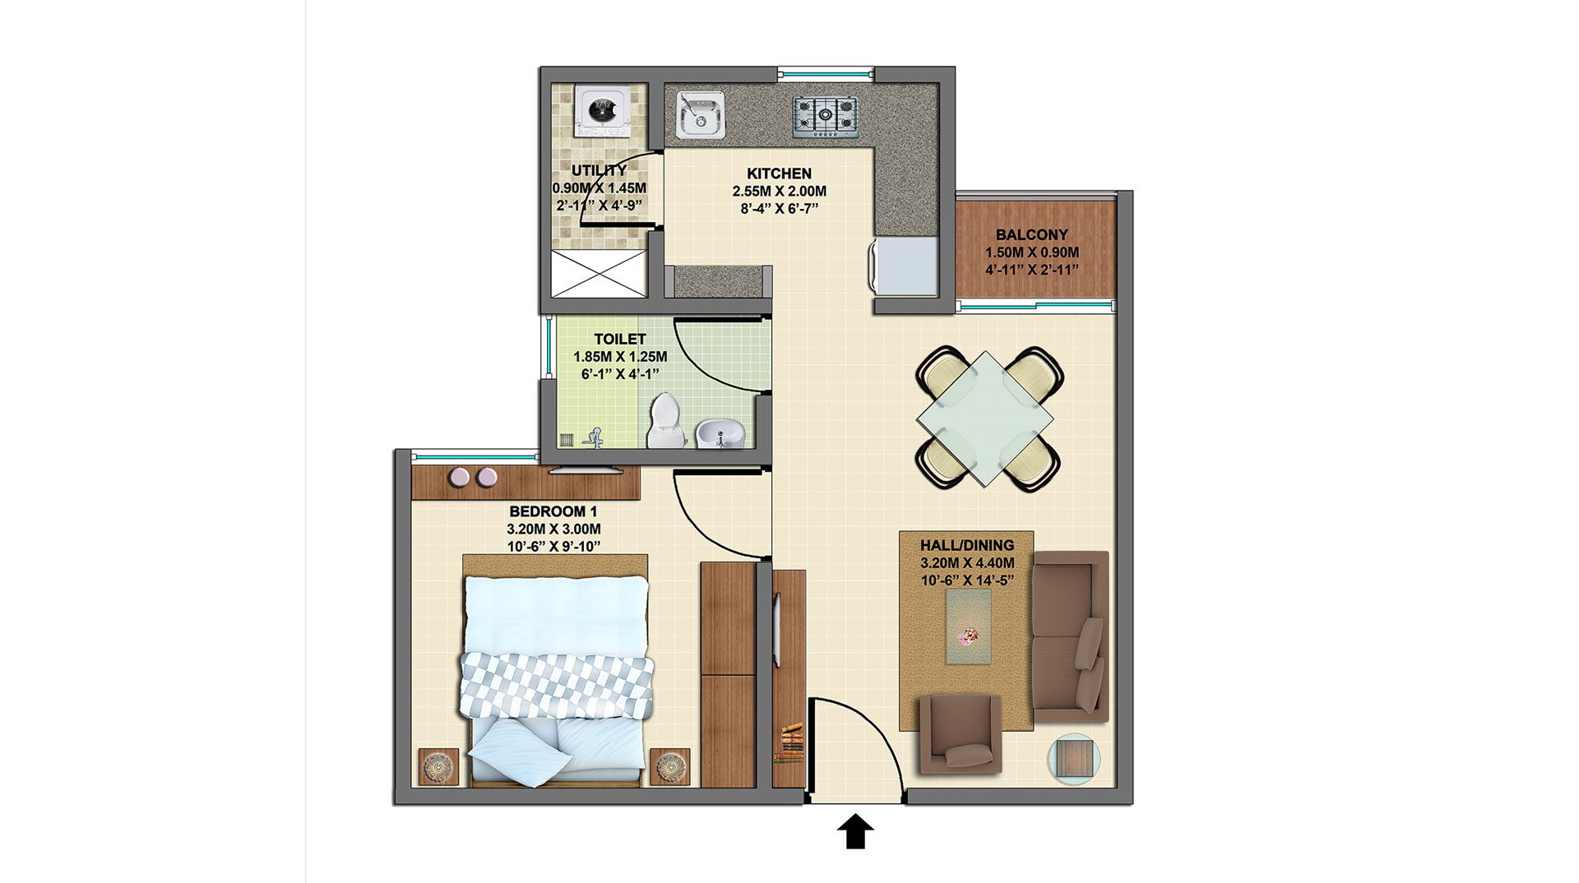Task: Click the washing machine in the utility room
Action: [604, 112]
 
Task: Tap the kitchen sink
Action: [701, 114]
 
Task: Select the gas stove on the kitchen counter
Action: [825, 116]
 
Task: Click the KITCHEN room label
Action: [779, 173]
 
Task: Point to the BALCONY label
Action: [1031, 234]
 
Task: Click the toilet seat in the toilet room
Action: [664, 419]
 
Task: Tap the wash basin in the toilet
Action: [720, 432]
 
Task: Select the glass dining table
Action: [984, 418]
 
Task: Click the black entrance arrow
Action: [855, 831]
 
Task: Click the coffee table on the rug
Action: [969, 626]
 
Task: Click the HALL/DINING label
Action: [967, 545]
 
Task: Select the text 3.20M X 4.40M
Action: [967, 563]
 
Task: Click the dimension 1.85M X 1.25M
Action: [620, 357]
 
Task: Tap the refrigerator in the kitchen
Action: [905, 266]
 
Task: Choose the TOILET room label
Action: [620, 339]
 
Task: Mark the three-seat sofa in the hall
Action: [1070, 637]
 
